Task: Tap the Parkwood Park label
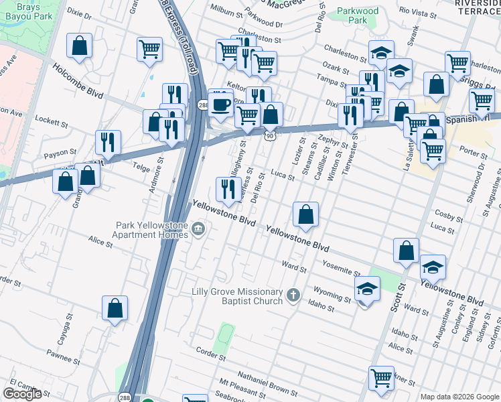358,15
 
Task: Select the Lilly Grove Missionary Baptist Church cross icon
293,295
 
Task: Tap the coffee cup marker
220,105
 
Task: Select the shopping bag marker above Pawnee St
115,308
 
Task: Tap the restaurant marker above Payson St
108,141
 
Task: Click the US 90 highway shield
269,135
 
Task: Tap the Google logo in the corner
22,393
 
